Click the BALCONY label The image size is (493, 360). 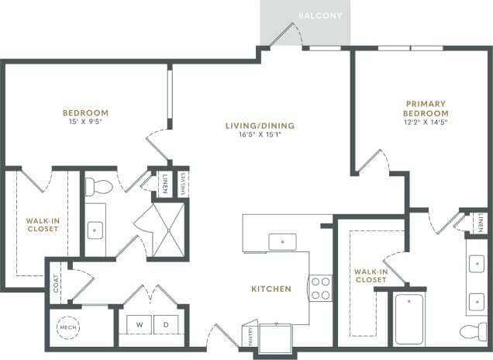[320, 16]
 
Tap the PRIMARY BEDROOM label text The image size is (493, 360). [426, 108]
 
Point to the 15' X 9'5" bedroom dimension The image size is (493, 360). [85, 122]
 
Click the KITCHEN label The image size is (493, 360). [271, 289]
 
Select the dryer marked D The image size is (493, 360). [165, 324]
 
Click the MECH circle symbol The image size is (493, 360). [68, 327]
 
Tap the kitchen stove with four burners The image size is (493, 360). [320, 288]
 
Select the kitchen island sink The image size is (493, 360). [281, 241]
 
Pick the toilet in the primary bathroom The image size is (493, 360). [473, 332]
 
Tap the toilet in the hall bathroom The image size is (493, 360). [98, 186]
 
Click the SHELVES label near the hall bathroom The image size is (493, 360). [182, 183]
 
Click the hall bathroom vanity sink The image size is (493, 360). [95, 230]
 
